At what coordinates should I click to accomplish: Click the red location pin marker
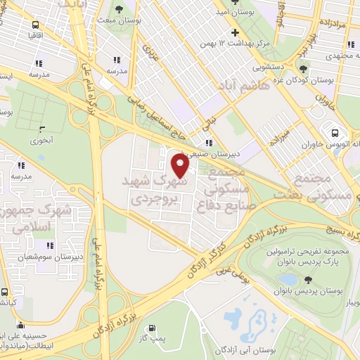point(181,166)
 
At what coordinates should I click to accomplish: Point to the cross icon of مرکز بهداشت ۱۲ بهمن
point(236,32)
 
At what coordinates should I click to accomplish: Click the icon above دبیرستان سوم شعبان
point(50,245)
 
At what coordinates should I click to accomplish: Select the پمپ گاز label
point(151,338)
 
